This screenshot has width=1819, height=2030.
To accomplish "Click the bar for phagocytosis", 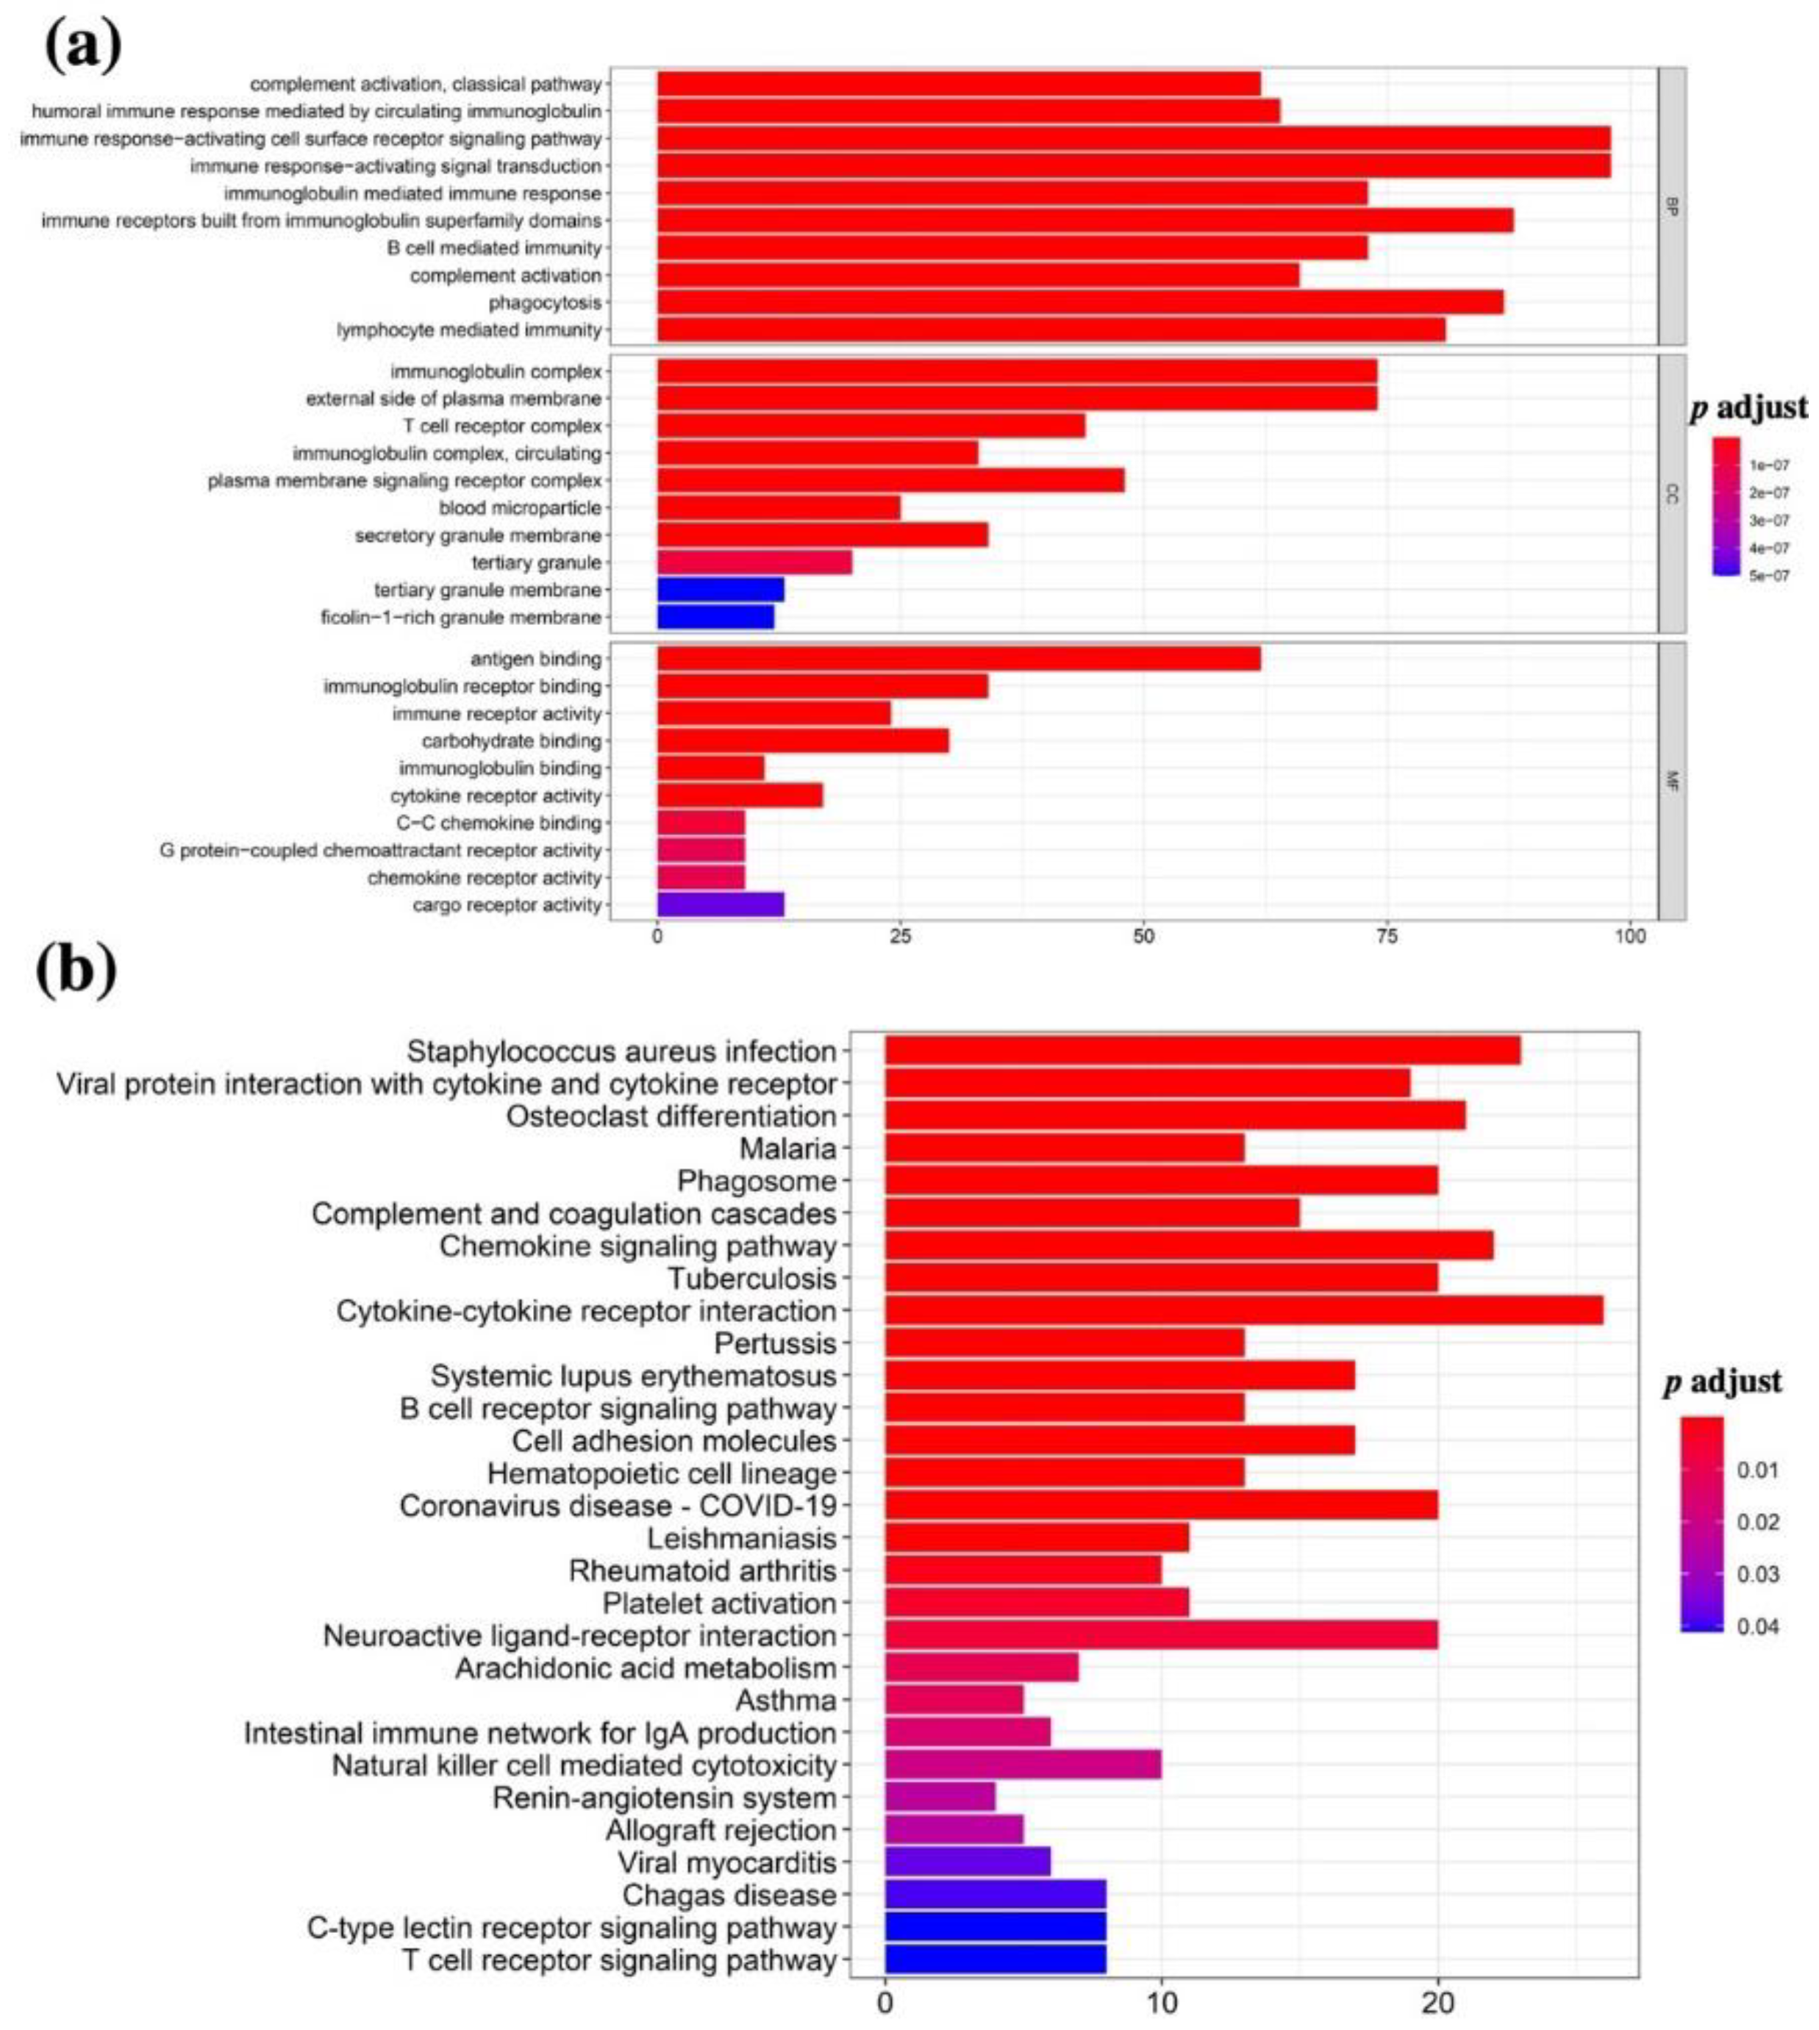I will pos(1079,303).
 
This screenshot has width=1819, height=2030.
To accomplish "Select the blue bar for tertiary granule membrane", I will pos(720,590).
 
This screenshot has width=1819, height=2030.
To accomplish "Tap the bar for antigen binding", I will pos(957,659).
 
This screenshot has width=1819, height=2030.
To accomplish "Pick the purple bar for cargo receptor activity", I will pos(720,904).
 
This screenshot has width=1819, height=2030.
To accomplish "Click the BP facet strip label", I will pos(1672,207).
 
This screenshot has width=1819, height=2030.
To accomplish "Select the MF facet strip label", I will pos(1672,782).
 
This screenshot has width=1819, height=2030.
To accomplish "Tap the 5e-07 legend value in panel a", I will pos(1769,576).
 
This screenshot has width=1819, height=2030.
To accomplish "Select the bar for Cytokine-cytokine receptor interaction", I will pos(1243,1310).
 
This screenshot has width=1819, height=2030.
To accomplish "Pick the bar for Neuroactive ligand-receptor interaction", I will pos(1160,1635).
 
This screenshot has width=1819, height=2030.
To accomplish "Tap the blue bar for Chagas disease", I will pos(995,1894).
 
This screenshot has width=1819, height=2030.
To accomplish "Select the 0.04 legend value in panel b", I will pos(1758,1626).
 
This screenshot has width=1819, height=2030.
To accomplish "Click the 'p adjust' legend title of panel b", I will pos(1722,1382).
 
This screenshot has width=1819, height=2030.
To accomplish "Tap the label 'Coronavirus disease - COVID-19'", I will pos(618,1505).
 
